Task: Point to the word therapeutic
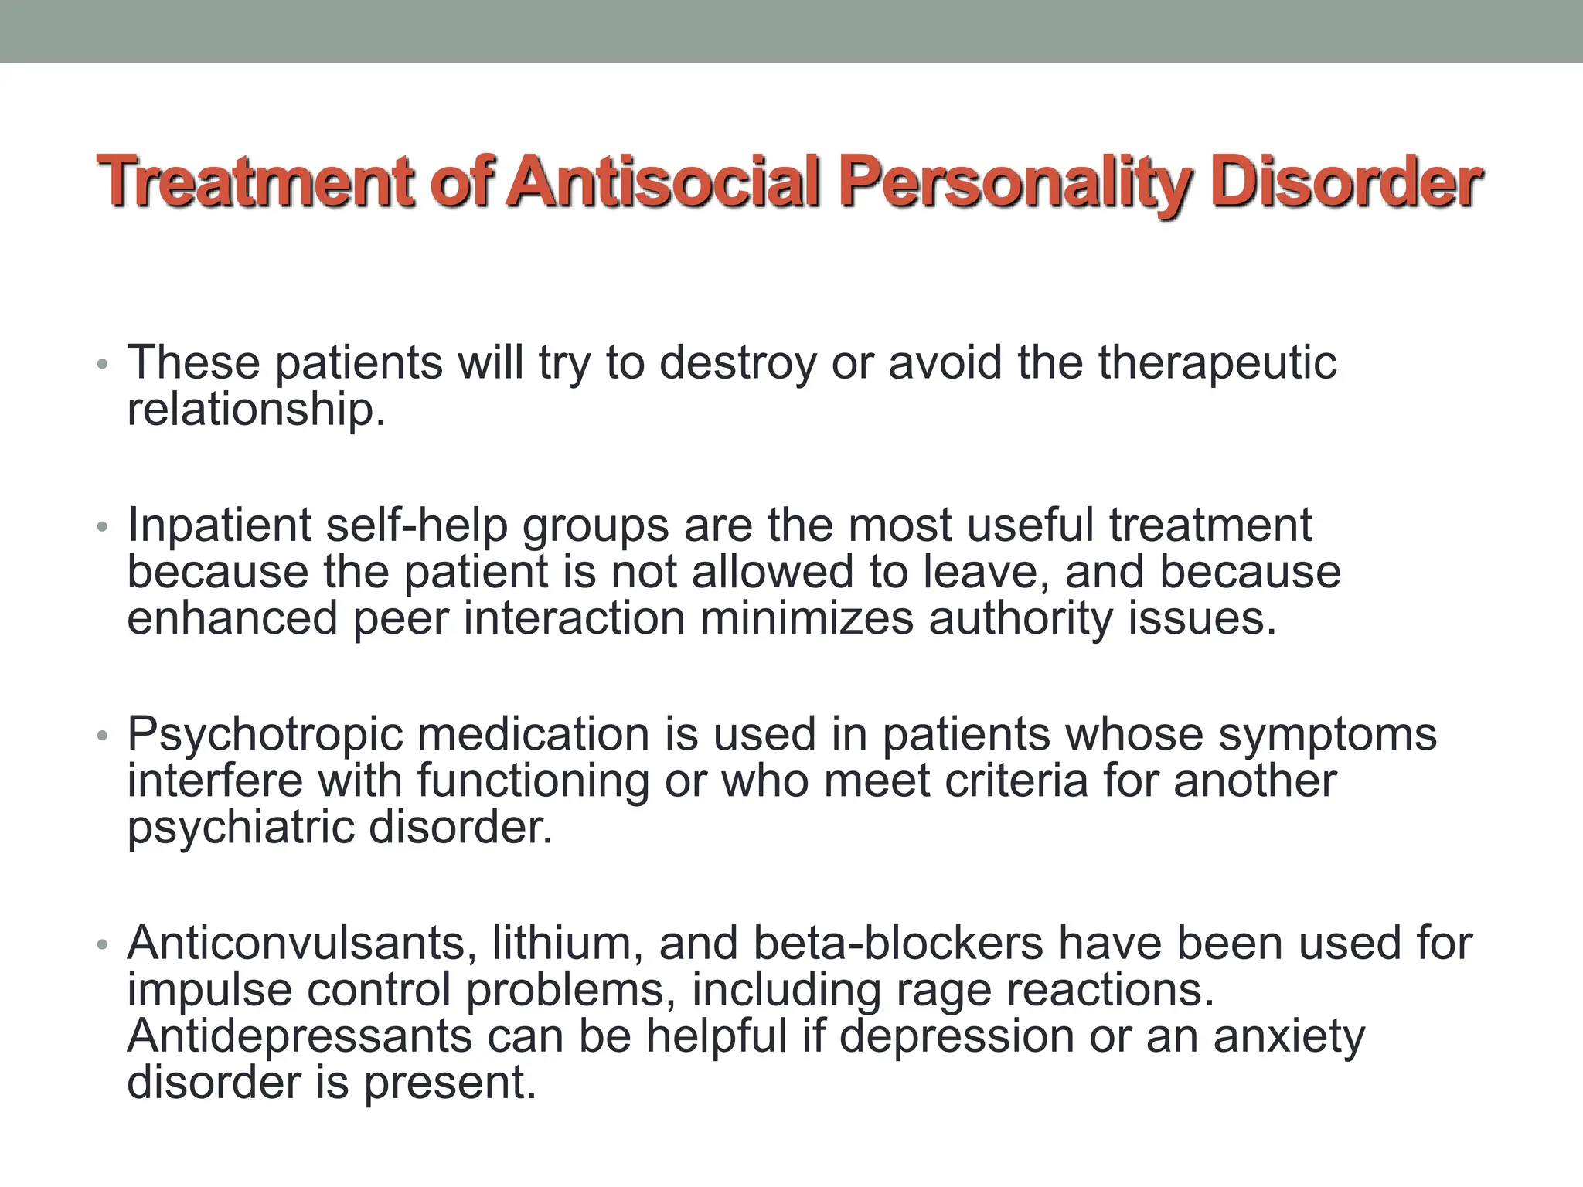pyautogui.click(x=1217, y=363)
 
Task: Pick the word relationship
pyautogui.click(x=256, y=410)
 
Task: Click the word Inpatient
pyautogui.click(x=219, y=525)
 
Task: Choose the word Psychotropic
pyautogui.click(x=265, y=735)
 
